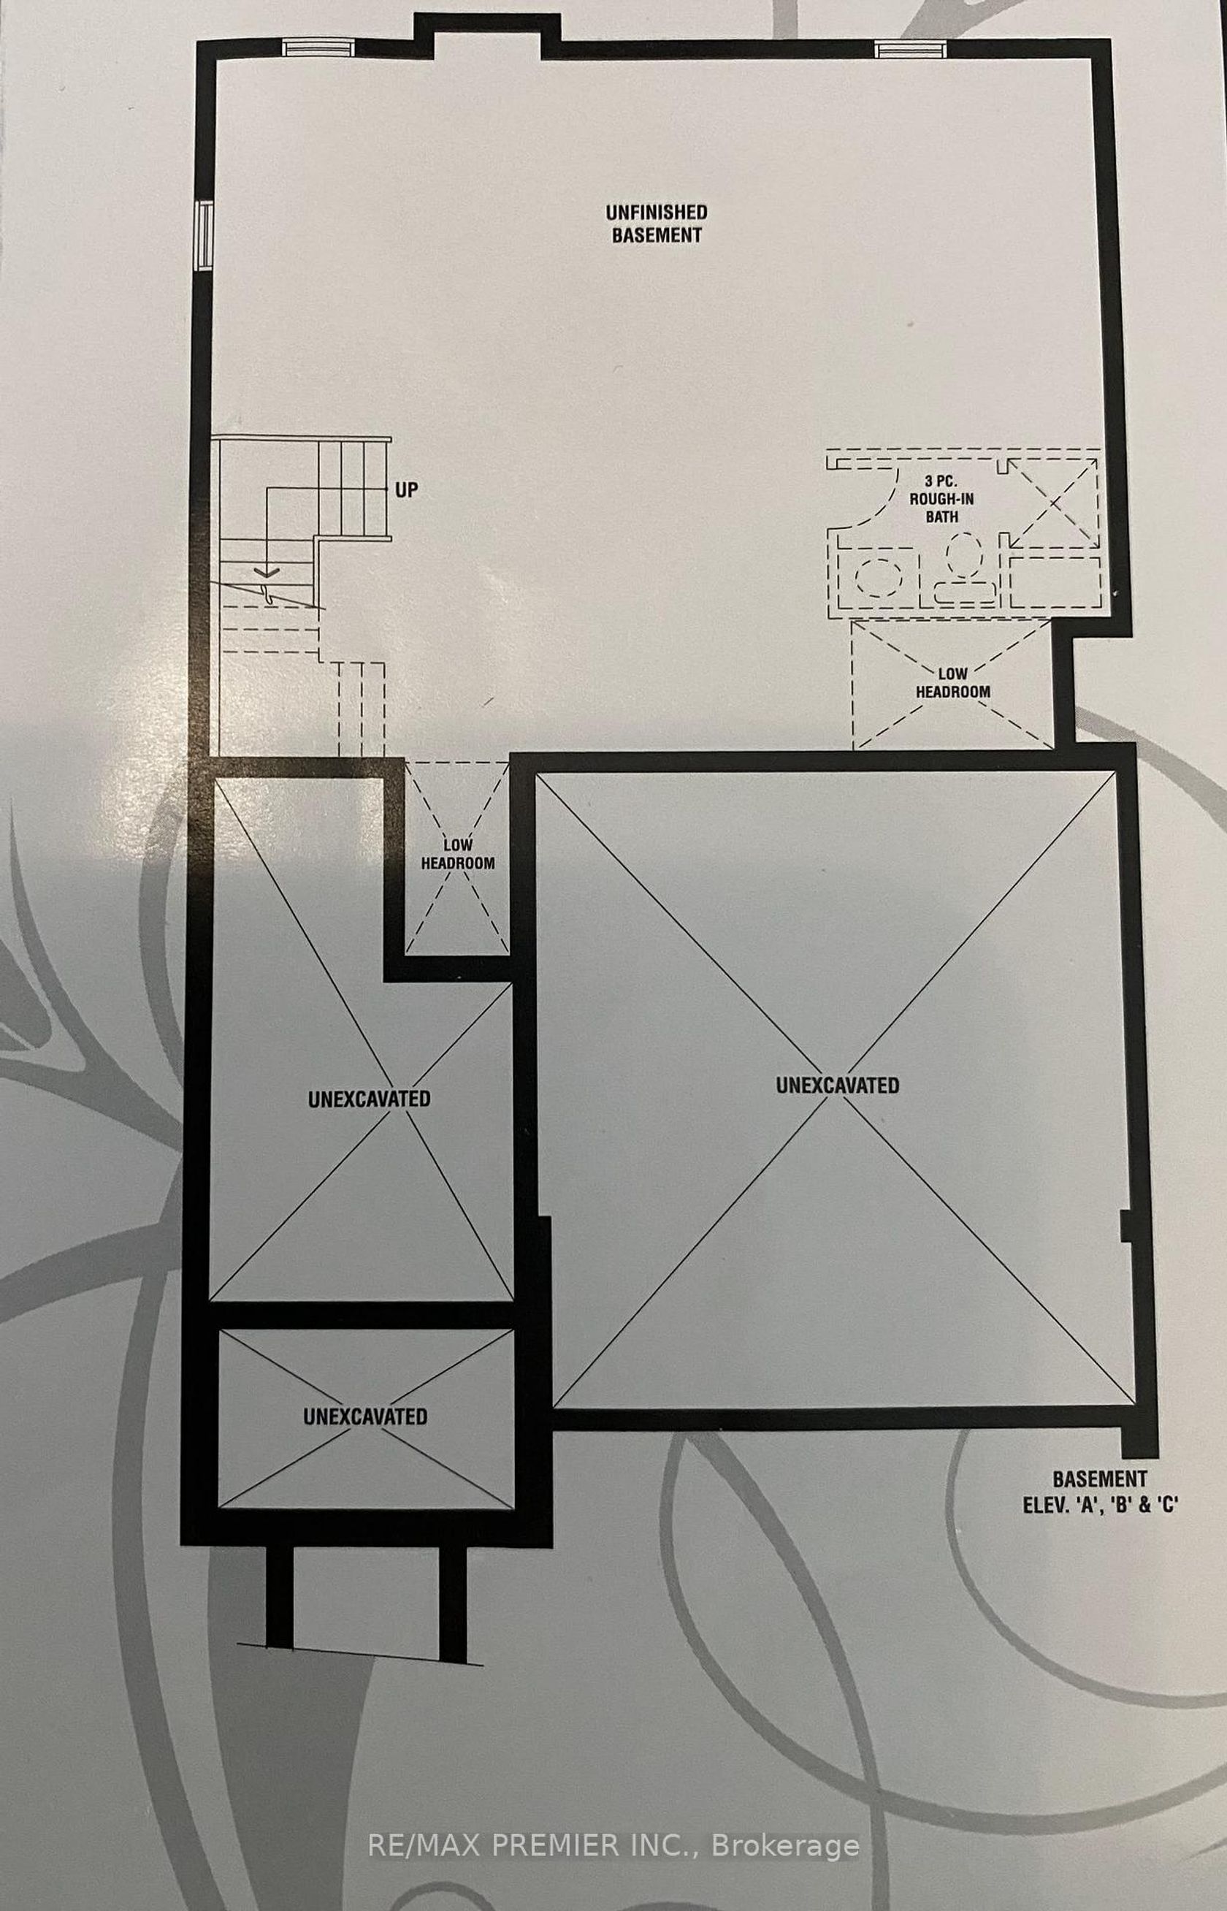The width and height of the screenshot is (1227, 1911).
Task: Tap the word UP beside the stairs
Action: [x=406, y=489]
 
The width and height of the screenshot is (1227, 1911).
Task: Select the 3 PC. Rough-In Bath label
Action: [x=941, y=499]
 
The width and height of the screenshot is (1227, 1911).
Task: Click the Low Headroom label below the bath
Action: [x=953, y=682]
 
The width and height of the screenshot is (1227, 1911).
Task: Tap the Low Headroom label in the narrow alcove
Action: [x=457, y=853]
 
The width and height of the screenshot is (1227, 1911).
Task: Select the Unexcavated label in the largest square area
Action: [x=838, y=1085]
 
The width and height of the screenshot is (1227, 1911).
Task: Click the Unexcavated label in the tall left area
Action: [x=369, y=1098]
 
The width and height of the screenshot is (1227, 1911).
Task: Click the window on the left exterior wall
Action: [x=205, y=236]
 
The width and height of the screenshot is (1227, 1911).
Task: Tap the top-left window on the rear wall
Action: [x=317, y=49]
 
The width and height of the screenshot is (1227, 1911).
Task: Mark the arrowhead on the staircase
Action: [x=266, y=571]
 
